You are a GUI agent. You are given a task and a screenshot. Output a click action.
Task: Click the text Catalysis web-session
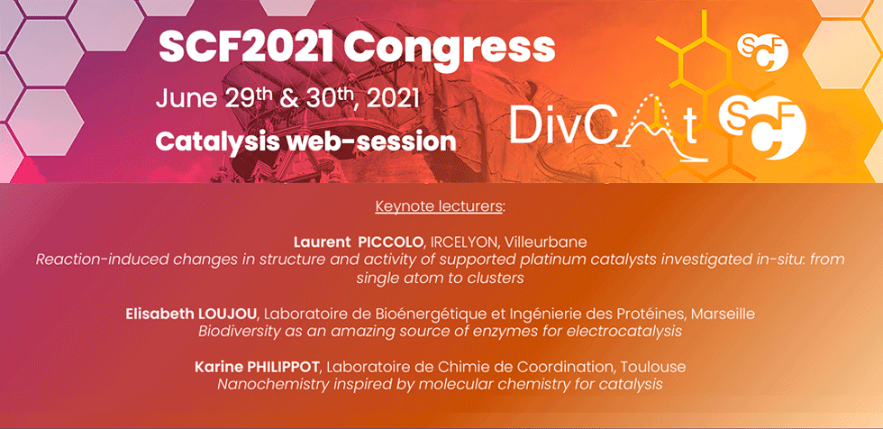point(305,141)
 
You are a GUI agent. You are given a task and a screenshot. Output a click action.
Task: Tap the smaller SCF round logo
point(762,51)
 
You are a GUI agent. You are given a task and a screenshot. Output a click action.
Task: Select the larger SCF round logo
point(762,128)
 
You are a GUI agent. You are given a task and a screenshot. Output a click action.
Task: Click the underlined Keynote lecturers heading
point(440,206)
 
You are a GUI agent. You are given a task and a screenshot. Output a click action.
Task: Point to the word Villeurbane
point(546,242)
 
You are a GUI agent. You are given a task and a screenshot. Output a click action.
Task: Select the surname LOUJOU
point(224,314)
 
